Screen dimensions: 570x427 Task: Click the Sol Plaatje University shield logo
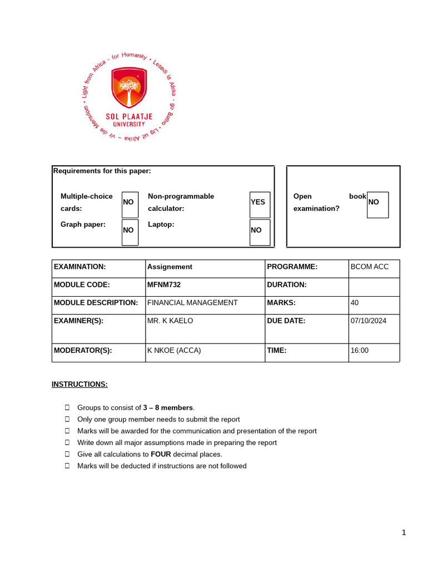coord(129,88)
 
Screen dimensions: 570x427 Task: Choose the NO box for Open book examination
coord(378,204)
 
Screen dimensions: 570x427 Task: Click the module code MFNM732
coord(163,285)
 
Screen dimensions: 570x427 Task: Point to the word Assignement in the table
coord(170,267)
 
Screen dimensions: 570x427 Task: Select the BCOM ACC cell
coord(370,267)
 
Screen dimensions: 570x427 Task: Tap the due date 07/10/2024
coord(368,321)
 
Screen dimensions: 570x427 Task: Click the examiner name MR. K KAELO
coord(171,321)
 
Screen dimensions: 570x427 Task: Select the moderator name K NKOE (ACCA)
coord(173,351)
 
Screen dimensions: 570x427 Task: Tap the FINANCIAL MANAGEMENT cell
coord(192,303)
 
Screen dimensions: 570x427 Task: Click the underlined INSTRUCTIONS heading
coord(80,385)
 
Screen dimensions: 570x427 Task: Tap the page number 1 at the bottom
coord(404,533)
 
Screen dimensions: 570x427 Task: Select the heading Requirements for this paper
coord(102,171)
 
